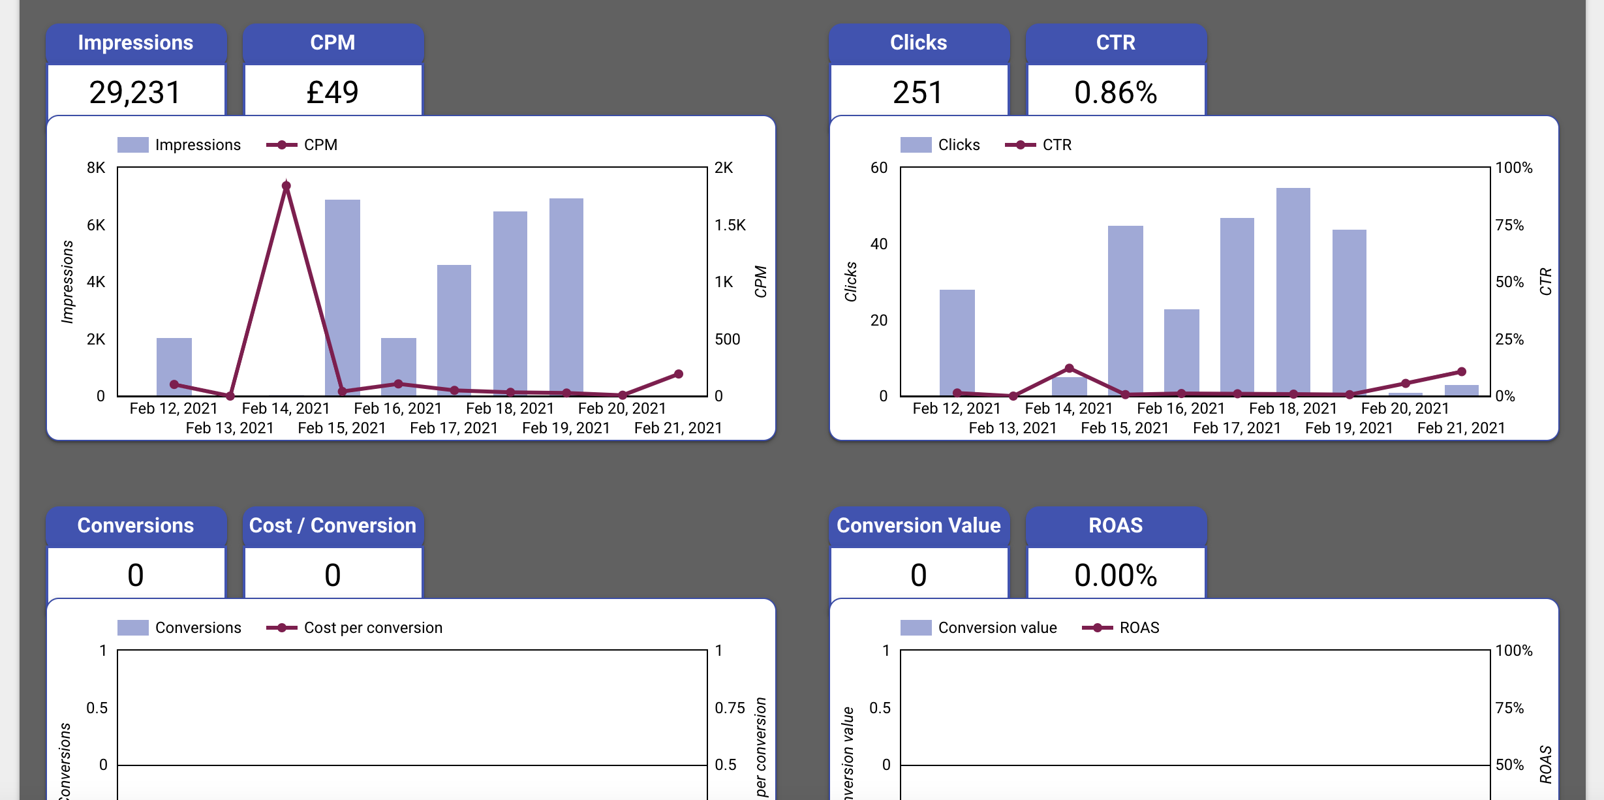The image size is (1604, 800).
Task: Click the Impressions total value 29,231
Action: (135, 92)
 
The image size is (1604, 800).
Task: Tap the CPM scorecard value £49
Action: (332, 92)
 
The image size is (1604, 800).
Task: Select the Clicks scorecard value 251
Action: (918, 92)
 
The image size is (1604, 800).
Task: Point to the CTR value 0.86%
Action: (1115, 92)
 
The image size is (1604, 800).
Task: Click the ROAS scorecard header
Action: (1115, 525)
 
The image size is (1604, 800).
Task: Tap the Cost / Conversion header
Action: (332, 525)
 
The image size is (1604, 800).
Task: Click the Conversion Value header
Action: (918, 525)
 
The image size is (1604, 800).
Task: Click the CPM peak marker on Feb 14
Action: (286, 186)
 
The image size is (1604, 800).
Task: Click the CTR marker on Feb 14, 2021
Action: (1069, 369)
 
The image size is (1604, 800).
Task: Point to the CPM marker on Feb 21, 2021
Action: (679, 374)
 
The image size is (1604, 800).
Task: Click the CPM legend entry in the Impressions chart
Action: (302, 145)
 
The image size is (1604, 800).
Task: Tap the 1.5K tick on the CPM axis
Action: (730, 225)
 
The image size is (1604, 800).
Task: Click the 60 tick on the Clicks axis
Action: (878, 168)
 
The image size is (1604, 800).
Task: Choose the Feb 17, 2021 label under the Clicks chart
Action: (1237, 428)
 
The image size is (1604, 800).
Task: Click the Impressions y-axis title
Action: (67, 281)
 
